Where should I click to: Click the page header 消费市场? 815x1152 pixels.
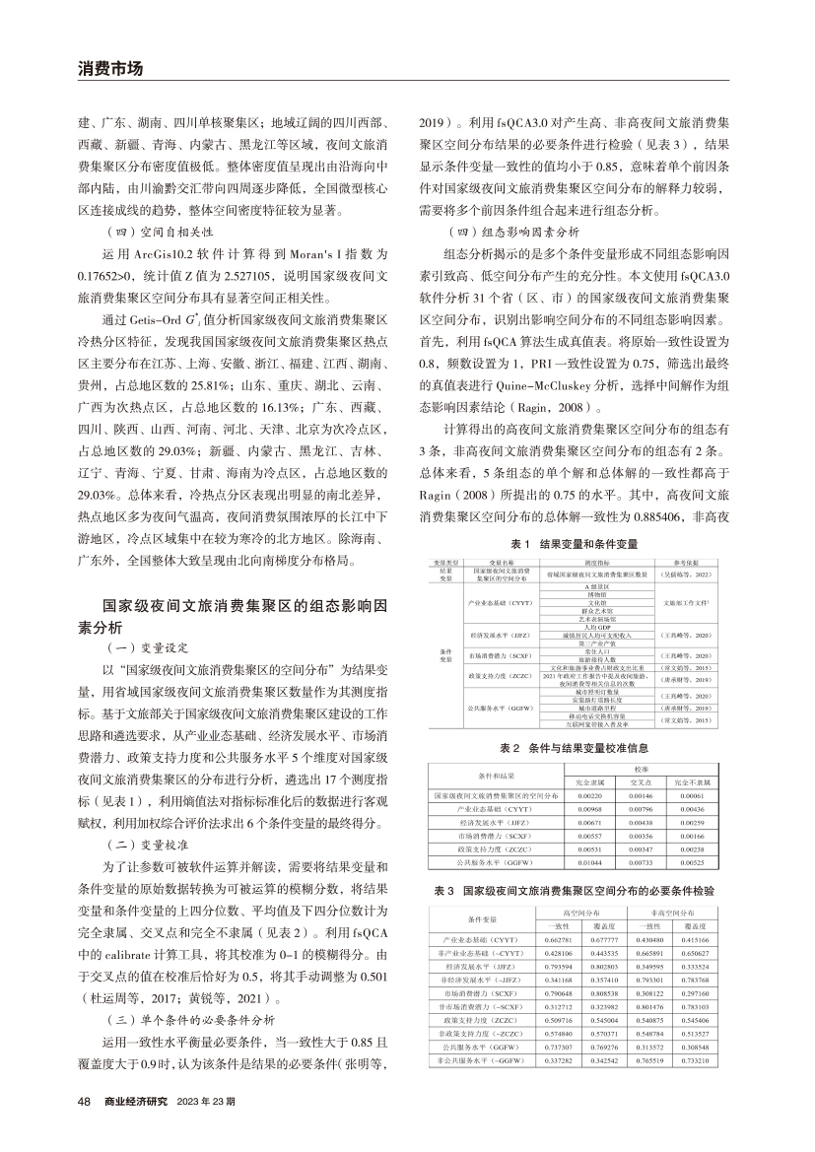110,69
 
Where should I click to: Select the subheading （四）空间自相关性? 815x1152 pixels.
145,233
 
